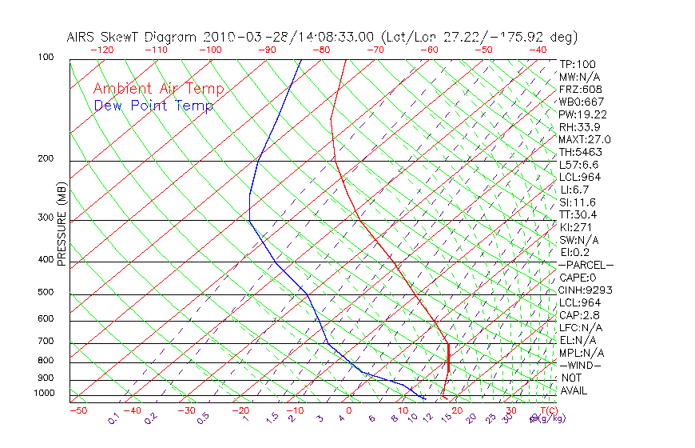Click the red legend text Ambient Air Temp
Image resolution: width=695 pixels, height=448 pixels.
[x=158, y=90]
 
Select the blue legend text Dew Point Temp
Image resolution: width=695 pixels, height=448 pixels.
[x=153, y=106]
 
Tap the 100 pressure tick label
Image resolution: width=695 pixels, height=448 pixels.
[x=46, y=58]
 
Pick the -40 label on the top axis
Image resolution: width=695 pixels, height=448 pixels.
[x=538, y=50]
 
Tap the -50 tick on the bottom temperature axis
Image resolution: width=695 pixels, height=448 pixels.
[x=77, y=410]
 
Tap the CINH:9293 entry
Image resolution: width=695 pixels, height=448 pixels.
[x=586, y=290]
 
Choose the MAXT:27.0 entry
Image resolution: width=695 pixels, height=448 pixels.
[x=586, y=140]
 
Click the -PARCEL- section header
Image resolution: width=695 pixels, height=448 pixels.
[x=586, y=265]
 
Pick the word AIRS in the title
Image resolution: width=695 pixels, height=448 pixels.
[x=83, y=37]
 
